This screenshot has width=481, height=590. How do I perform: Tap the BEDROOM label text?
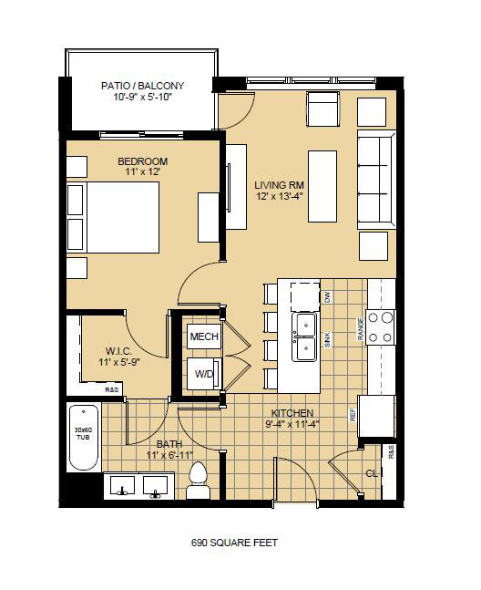pos(142,161)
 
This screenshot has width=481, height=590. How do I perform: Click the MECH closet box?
pos(202,337)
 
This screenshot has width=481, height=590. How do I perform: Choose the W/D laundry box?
pos(202,373)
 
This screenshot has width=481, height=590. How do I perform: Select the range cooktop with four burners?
pos(380,324)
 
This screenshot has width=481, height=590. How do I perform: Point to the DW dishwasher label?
pos(327,296)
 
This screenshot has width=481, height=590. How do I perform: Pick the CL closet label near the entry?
pos(371,473)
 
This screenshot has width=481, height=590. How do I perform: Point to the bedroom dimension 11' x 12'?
pos(142,173)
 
